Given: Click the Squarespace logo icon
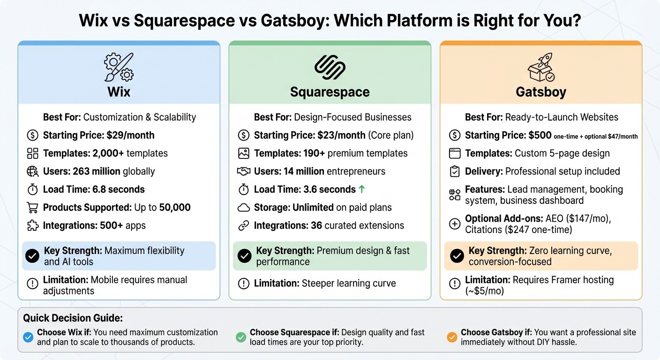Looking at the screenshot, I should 330,67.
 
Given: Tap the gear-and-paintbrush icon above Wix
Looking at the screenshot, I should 119,67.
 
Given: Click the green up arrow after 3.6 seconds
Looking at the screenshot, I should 361,189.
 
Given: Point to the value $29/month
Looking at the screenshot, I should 130,135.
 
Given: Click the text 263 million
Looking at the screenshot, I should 97,172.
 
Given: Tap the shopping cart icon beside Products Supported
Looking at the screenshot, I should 32,208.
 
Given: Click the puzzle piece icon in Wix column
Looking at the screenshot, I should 32,225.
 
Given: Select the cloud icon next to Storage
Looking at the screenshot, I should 243,208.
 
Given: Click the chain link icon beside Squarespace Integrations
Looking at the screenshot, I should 243,225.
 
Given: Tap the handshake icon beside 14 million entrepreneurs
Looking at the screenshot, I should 243,172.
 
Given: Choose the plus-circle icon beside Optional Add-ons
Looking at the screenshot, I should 454,224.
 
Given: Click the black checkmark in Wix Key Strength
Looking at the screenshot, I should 32,256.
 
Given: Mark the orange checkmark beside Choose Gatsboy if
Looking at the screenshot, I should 452,337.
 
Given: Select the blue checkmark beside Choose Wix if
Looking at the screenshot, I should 28,337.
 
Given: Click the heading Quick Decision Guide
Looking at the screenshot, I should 73,318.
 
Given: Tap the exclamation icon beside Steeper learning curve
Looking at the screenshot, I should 243,284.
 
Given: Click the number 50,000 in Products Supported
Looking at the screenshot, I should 175,208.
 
